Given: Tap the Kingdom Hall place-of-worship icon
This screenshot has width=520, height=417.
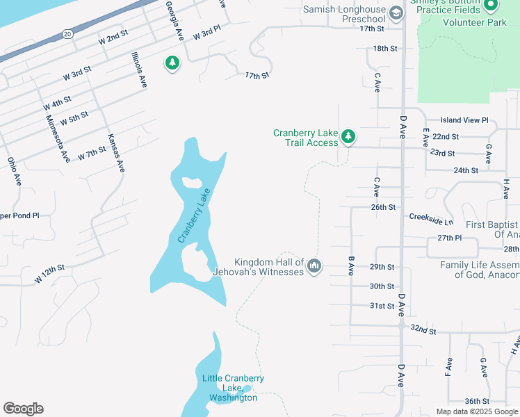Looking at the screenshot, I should (314, 266).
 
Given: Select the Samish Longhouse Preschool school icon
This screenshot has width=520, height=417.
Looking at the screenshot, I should (396, 13).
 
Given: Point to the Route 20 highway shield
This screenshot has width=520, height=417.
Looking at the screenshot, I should (67, 33).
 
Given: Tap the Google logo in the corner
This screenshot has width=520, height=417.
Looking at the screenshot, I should (23, 409).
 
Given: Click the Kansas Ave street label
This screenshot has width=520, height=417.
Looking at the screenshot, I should (116, 153).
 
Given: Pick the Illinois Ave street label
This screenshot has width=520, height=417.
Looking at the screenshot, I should (139, 69).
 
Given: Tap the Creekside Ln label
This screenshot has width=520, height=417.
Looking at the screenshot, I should (431, 221).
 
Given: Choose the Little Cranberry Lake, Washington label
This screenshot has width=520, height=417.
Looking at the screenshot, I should (233, 388).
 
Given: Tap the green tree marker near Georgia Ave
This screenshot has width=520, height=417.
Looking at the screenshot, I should (172, 63).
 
